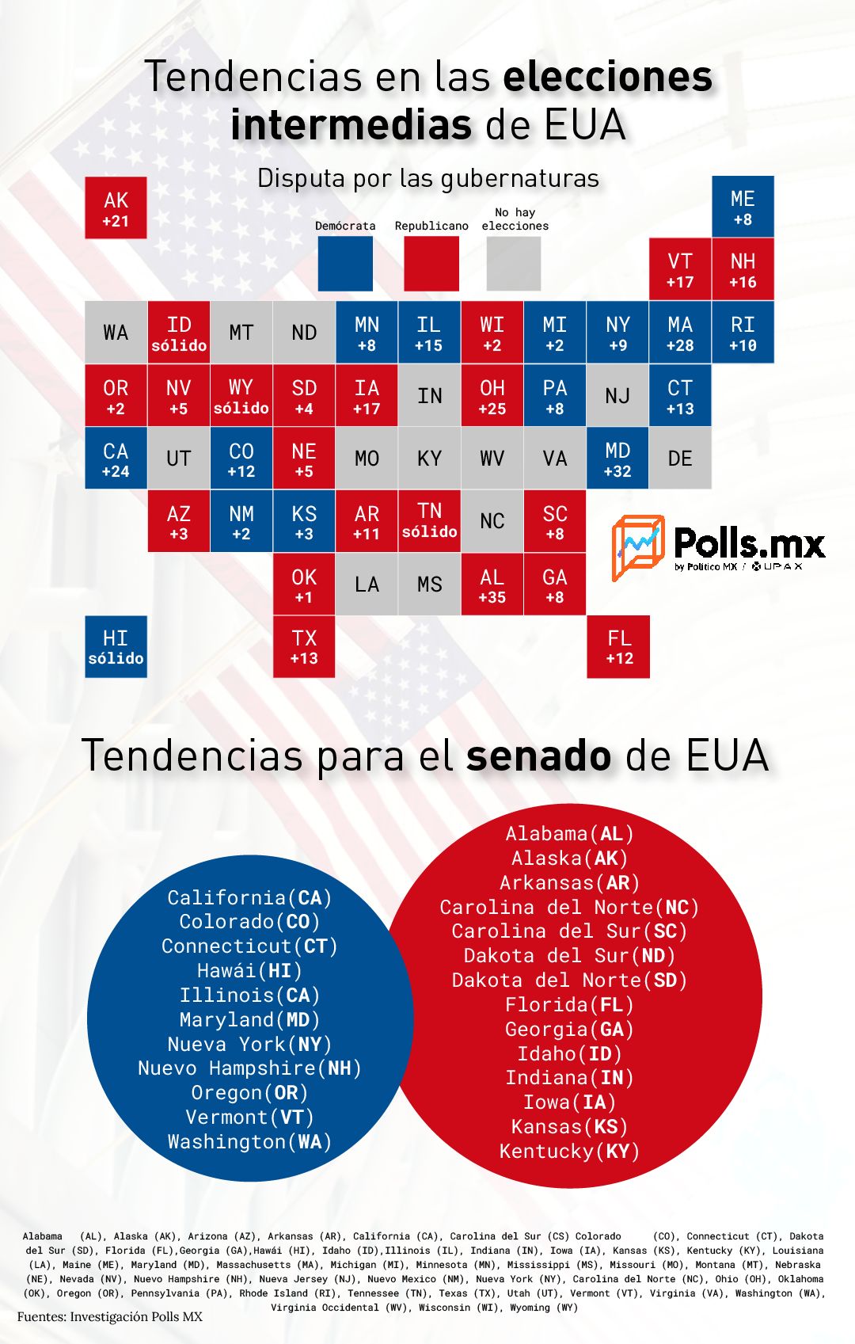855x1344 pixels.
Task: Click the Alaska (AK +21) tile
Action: (116, 208)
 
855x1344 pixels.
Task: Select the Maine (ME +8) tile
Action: (743, 207)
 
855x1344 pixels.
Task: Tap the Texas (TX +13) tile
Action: (304, 647)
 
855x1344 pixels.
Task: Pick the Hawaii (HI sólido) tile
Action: (116, 647)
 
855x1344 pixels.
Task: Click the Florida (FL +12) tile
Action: (618, 647)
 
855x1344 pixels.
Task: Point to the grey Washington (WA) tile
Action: (116, 333)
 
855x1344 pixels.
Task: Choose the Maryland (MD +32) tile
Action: (617, 458)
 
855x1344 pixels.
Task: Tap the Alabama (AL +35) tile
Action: (492, 584)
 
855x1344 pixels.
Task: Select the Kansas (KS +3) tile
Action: (304, 521)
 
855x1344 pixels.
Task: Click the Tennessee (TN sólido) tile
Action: (429, 521)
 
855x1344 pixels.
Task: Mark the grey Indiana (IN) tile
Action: (429, 395)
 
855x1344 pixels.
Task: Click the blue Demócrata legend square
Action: (345, 264)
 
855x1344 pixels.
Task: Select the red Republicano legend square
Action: (431, 264)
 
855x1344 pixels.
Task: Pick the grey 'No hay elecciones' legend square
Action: (514, 264)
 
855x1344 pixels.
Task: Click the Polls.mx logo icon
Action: (638, 548)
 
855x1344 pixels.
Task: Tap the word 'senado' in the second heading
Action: (538, 756)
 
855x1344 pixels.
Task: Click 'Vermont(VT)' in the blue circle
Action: (249, 1117)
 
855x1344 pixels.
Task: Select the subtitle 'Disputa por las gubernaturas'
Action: (428, 178)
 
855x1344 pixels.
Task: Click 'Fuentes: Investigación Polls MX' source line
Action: (110, 1316)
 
